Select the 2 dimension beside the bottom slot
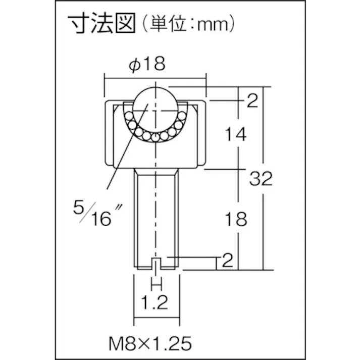(227, 261)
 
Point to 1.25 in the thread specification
(174, 344)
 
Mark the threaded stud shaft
(156, 217)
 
